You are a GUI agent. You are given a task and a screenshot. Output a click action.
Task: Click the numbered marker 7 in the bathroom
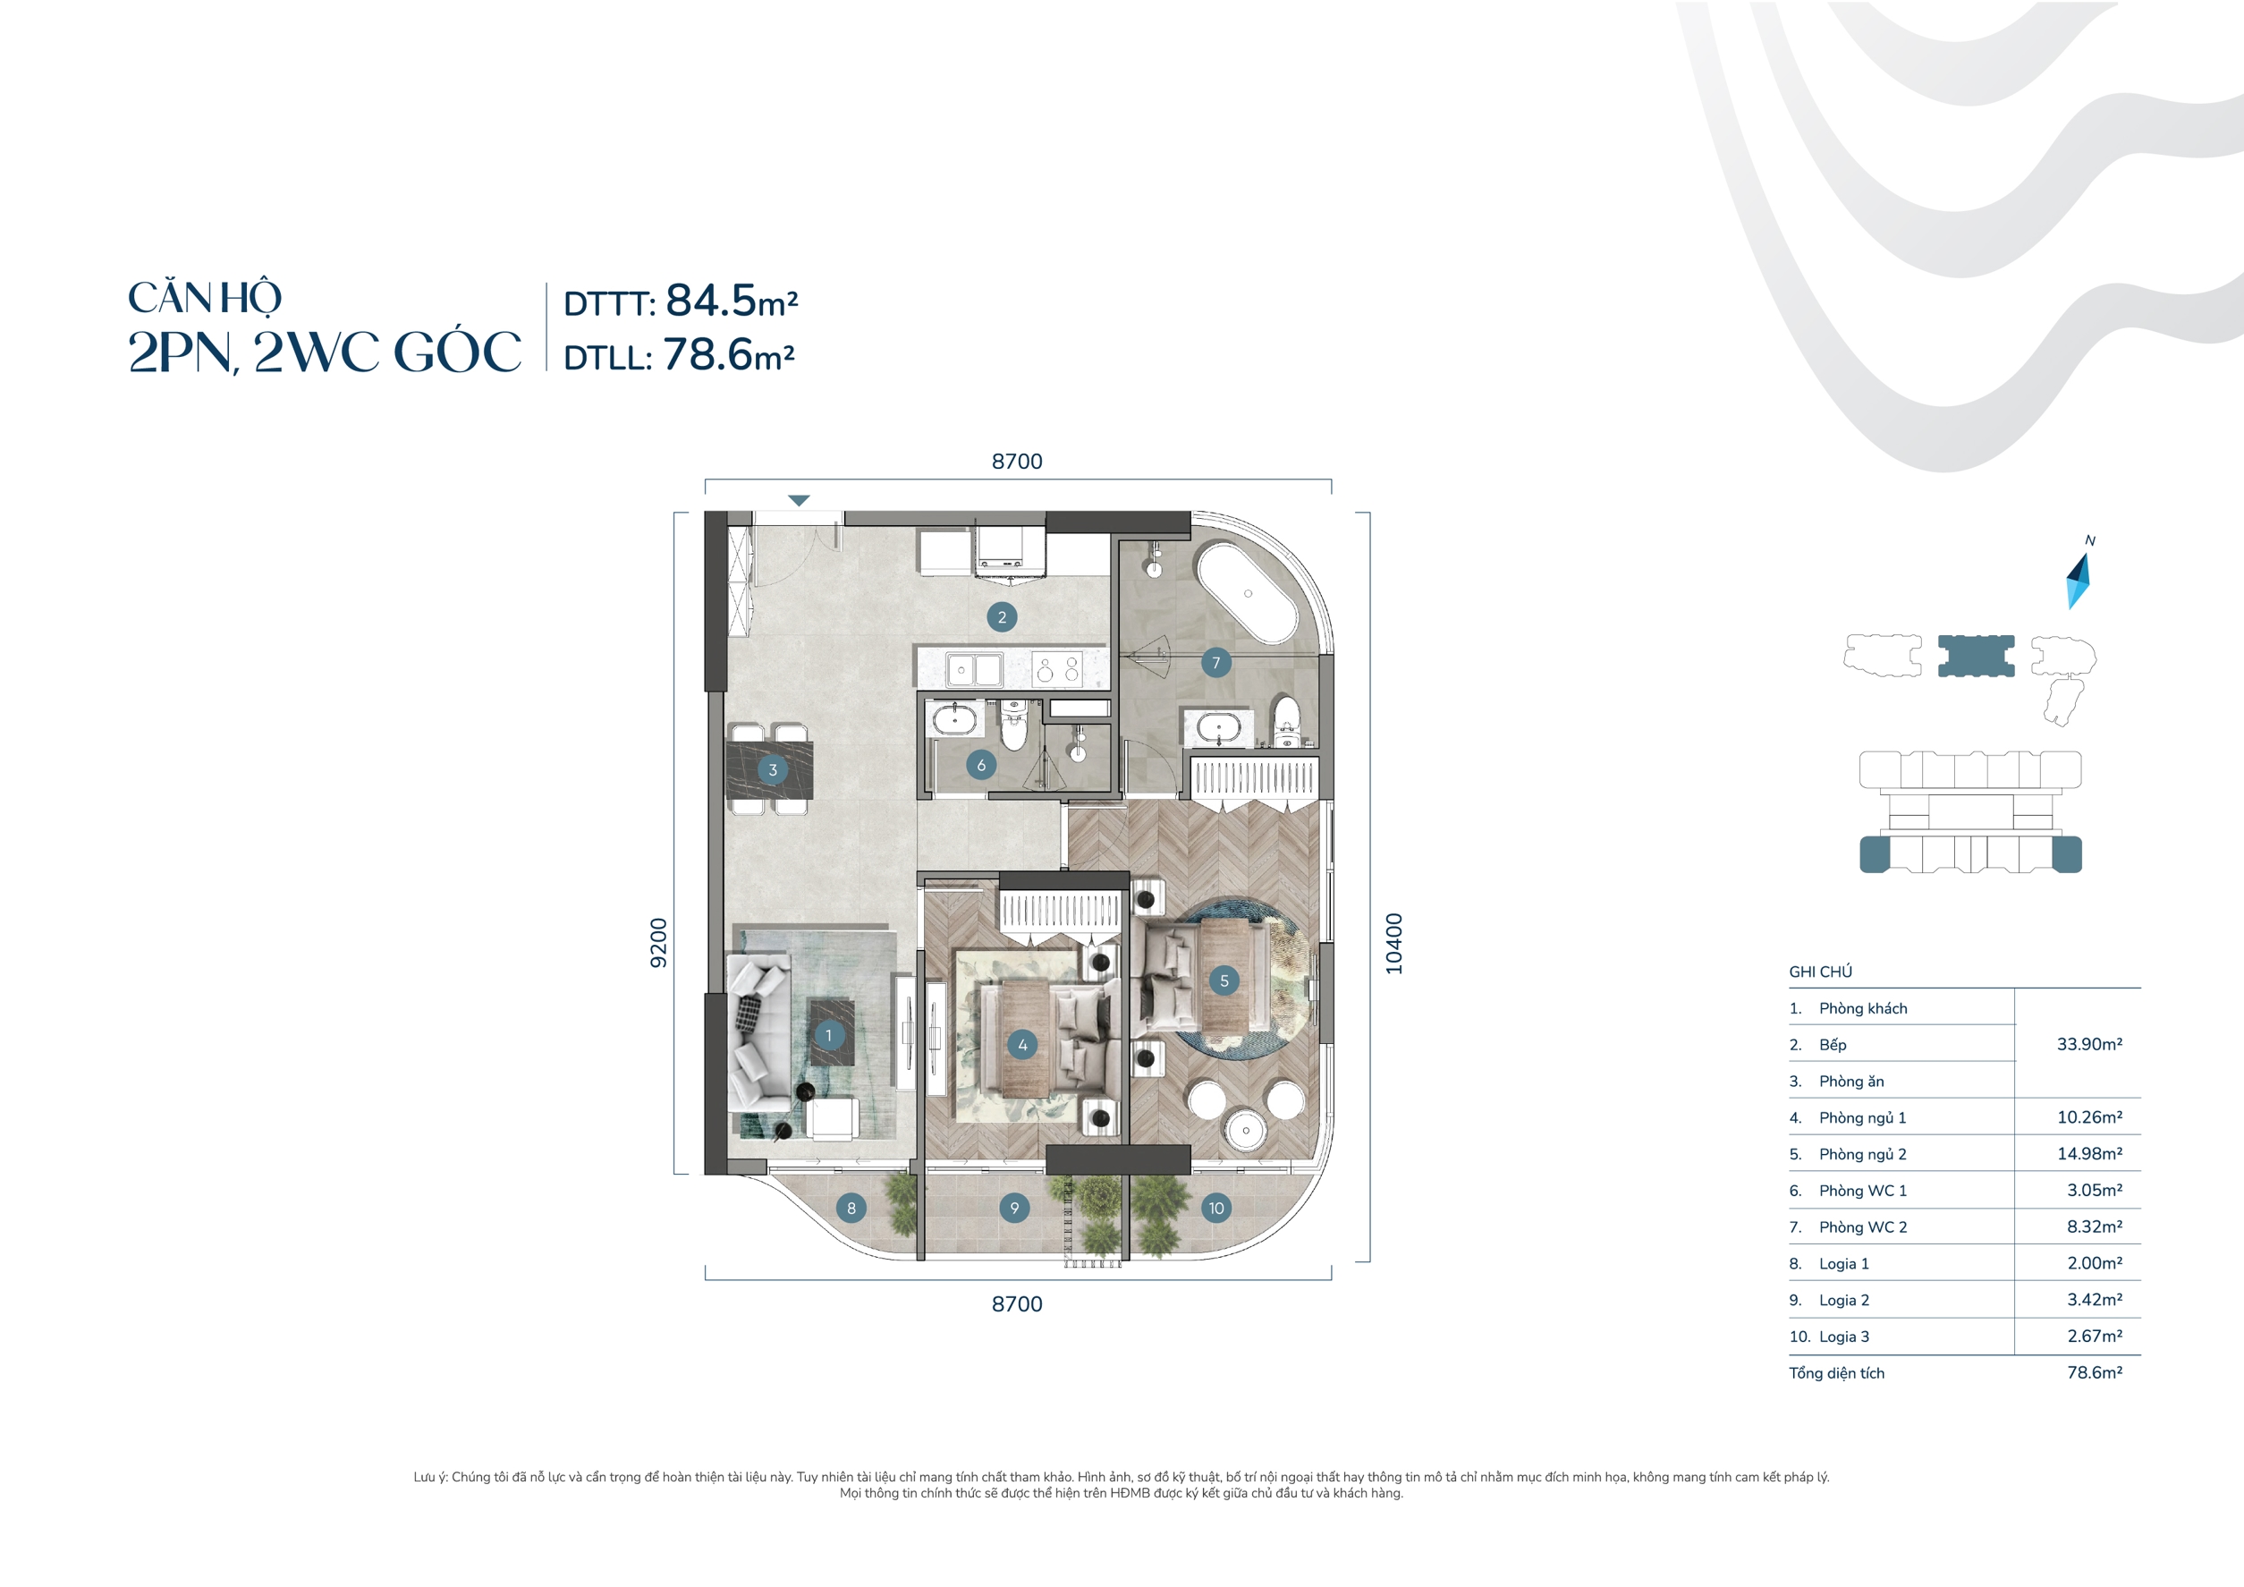(1215, 662)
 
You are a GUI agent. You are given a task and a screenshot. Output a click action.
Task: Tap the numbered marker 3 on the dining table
(772, 769)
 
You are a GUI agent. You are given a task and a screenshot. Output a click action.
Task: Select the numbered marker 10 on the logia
(1215, 1208)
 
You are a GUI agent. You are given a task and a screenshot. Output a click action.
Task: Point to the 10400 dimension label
(1393, 943)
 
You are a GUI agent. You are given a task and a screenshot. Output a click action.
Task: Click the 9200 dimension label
(659, 943)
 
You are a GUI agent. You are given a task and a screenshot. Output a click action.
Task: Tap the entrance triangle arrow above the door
(799, 501)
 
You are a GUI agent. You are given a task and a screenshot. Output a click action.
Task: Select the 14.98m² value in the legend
(2088, 1154)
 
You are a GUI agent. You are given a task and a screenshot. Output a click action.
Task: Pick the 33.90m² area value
(2088, 1044)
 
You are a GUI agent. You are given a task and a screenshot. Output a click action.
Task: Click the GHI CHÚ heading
(1820, 972)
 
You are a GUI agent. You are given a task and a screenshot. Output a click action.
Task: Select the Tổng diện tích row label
(1836, 1373)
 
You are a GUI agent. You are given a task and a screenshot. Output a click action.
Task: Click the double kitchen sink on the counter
(974, 671)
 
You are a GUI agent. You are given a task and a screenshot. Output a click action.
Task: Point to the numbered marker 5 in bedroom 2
(1224, 980)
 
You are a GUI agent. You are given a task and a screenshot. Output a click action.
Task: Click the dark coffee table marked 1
(831, 1033)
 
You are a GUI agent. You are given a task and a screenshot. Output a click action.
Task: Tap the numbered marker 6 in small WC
(980, 765)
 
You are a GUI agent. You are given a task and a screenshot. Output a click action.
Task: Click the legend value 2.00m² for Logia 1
(2094, 1263)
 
